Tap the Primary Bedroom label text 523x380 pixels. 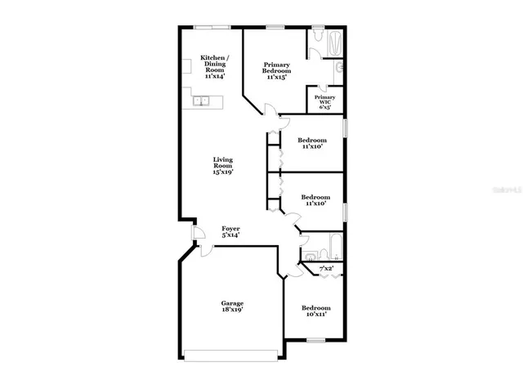point(276,71)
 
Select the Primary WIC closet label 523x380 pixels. point(324,101)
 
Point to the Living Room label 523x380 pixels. point(223,165)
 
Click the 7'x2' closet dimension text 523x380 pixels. point(325,267)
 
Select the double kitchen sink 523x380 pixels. point(203,101)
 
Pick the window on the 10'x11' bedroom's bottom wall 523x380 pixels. point(315,340)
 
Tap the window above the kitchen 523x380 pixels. point(210,27)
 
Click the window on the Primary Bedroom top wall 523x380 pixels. point(275,27)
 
